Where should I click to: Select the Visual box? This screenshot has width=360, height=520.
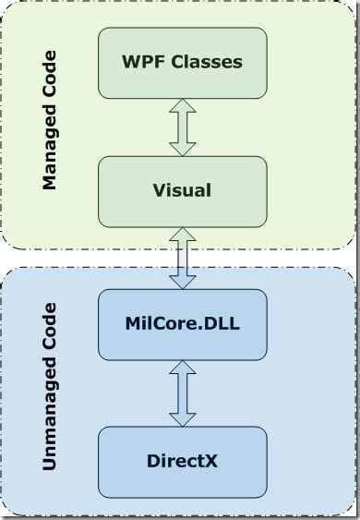coord(182,191)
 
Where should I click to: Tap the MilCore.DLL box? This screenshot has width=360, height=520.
coord(182,324)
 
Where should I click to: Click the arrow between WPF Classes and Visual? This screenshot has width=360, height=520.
coord(183,127)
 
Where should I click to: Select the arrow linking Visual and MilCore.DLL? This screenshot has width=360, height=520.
coord(183,258)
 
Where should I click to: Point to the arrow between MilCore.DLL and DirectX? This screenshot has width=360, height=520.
coord(183,393)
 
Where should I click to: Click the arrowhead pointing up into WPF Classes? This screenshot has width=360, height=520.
coord(183,107)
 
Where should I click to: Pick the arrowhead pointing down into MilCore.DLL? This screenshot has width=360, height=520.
coord(183,281)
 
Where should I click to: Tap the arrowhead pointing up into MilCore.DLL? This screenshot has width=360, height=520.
coord(183,369)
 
